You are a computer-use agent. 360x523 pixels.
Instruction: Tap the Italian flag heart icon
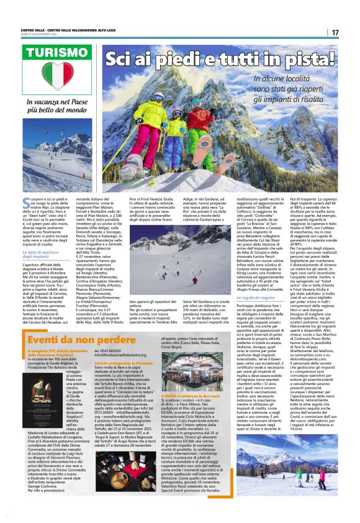click(61, 75)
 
